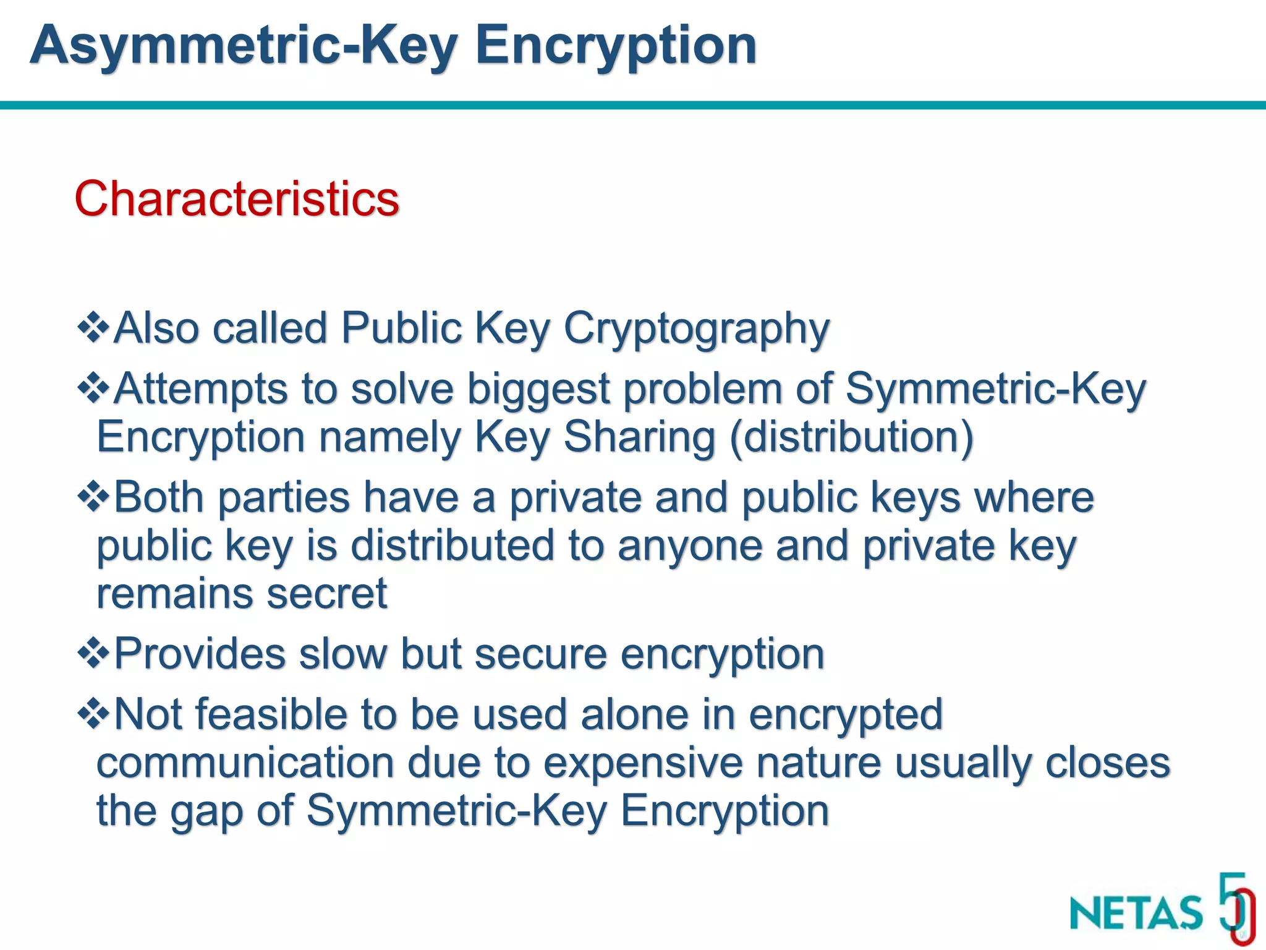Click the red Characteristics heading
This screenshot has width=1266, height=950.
(x=237, y=199)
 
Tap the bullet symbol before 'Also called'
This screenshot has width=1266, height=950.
(x=93, y=327)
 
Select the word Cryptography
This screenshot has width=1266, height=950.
(x=696, y=328)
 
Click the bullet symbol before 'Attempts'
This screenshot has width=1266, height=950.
(x=93, y=388)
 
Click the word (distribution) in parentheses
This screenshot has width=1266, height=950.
(x=851, y=437)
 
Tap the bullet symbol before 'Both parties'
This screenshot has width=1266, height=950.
(x=93, y=497)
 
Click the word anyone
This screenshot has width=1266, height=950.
(x=689, y=547)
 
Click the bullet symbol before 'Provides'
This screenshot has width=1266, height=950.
(x=93, y=653)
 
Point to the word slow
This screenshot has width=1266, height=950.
(x=343, y=654)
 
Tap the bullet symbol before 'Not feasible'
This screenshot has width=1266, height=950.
(x=93, y=714)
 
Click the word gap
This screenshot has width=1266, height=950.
(x=206, y=811)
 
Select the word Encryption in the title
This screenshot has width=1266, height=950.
(x=616, y=46)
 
